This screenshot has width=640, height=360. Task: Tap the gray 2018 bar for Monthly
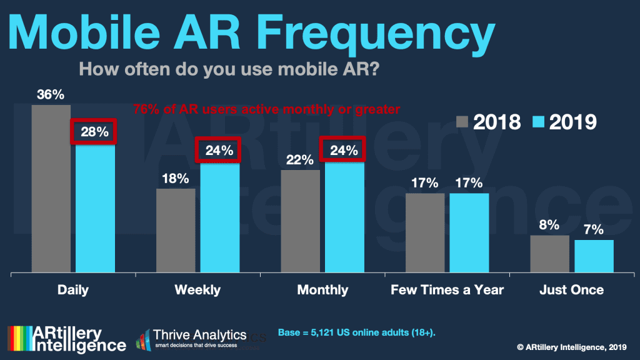click(x=301, y=221)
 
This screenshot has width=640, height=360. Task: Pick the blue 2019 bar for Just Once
click(x=594, y=256)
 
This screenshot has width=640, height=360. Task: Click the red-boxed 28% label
click(x=94, y=132)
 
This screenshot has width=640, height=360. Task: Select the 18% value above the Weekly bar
click(x=175, y=179)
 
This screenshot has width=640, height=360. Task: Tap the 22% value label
click(x=300, y=160)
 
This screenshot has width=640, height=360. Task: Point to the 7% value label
click(x=594, y=230)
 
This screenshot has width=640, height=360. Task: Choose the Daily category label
click(x=73, y=290)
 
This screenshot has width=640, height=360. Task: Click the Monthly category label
click(x=322, y=290)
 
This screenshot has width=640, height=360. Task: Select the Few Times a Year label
click(x=447, y=290)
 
